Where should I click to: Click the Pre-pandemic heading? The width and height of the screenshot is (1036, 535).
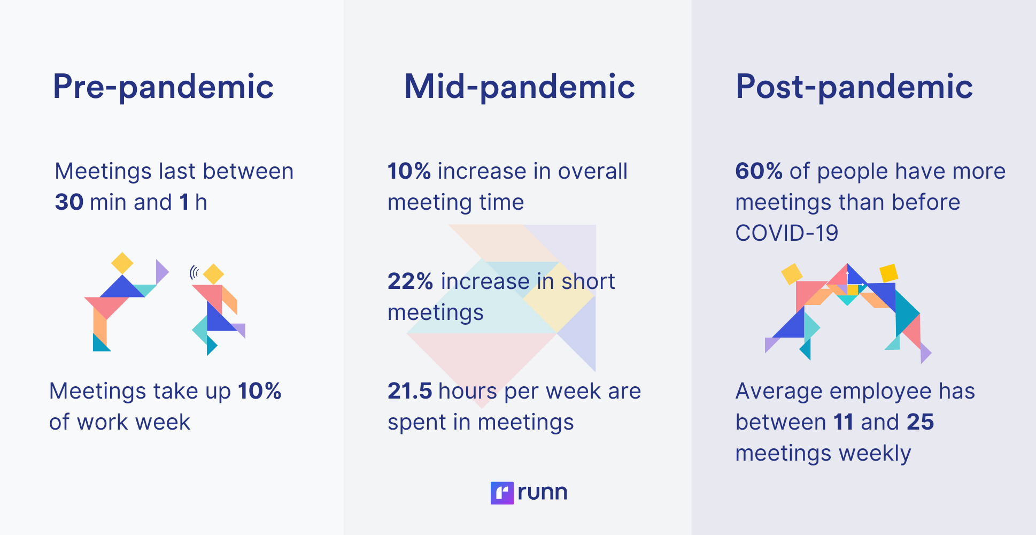click(x=163, y=87)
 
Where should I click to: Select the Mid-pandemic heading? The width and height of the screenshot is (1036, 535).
click(x=520, y=87)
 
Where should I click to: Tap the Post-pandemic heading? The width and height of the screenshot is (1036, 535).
click(x=854, y=87)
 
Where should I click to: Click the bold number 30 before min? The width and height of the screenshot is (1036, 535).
click(x=69, y=203)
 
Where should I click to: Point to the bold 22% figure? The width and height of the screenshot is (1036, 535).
click(x=410, y=281)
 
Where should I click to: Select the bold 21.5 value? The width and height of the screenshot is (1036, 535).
click(x=409, y=391)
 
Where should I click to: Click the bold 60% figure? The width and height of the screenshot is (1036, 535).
click(x=759, y=171)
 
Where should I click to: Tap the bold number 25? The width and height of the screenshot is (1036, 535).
click(x=920, y=422)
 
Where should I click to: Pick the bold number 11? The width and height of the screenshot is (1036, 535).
click(x=844, y=422)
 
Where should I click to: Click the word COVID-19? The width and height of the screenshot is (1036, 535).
click(x=786, y=233)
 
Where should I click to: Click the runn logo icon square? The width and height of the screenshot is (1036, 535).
click(x=502, y=493)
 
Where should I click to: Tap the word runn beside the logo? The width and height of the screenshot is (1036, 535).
click(x=542, y=492)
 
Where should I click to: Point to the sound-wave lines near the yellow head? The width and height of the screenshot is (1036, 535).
click(x=195, y=273)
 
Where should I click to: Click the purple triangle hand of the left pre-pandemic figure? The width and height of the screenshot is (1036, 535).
click(x=161, y=271)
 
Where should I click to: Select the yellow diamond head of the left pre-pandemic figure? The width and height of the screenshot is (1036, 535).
click(x=122, y=263)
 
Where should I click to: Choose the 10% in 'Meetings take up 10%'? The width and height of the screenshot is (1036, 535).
click(x=260, y=391)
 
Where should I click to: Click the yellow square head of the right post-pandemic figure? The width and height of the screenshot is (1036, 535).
click(x=888, y=273)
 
